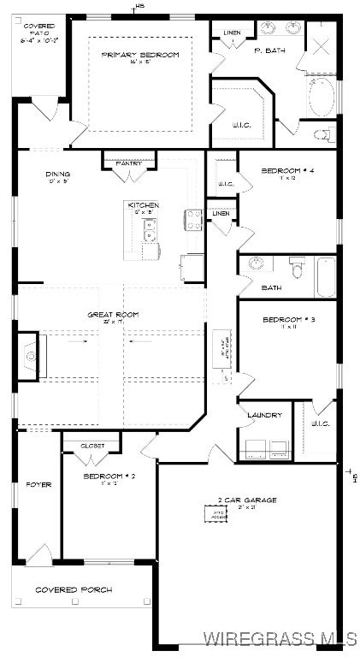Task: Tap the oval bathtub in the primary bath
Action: click(x=322, y=98)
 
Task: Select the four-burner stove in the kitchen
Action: click(x=193, y=220)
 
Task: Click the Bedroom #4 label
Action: click(x=287, y=172)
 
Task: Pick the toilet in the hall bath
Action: click(x=296, y=267)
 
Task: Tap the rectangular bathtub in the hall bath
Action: click(x=326, y=276)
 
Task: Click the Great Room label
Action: click(x=113, y=315)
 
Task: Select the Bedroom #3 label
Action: click(x=288, y=321)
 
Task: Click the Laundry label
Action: click(x=264, y=415)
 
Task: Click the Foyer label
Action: click(x=38, y=485)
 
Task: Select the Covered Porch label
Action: click(x=74, y=590)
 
